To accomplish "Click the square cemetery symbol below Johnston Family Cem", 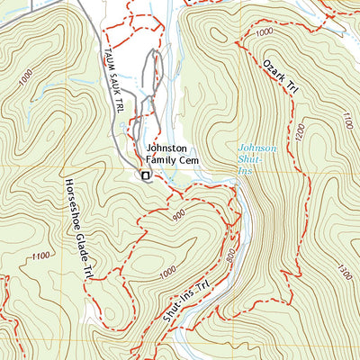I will (143, 175).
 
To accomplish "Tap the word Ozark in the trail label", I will (272, 66).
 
